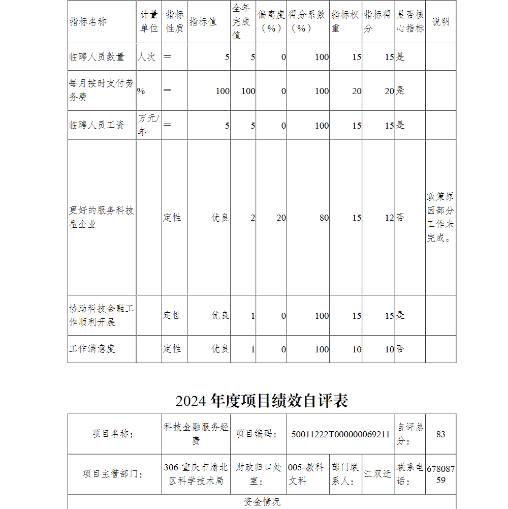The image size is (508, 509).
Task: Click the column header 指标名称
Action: [88, 22]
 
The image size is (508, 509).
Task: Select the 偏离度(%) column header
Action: [271, 22]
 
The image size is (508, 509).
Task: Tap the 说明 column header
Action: [440, 22]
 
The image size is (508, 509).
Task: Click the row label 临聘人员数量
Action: [97, 57]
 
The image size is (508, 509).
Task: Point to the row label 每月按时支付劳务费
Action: [102, 90]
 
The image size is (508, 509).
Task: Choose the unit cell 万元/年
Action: [148, 125]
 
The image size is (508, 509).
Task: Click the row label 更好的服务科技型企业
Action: [102, 217]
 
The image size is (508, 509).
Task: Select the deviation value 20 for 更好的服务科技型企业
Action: [281, 218]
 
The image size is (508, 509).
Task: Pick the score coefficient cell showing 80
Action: [324, 218]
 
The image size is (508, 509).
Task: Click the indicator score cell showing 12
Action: [389, 218]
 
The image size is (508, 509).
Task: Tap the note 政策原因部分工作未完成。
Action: [440, 217]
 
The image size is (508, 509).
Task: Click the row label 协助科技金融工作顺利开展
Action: [102, 315]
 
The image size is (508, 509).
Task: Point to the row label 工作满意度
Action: [92, 349]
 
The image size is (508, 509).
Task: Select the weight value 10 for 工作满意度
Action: [357, 349]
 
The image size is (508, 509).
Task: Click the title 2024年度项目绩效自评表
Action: [262, 401]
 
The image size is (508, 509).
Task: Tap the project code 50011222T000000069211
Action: [340, 434]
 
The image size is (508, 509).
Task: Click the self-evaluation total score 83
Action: [440, 434]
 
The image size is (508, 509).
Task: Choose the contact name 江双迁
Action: [377, 474]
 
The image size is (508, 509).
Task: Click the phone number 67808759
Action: [440, 474]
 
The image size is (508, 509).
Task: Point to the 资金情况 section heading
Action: [262, 502]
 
